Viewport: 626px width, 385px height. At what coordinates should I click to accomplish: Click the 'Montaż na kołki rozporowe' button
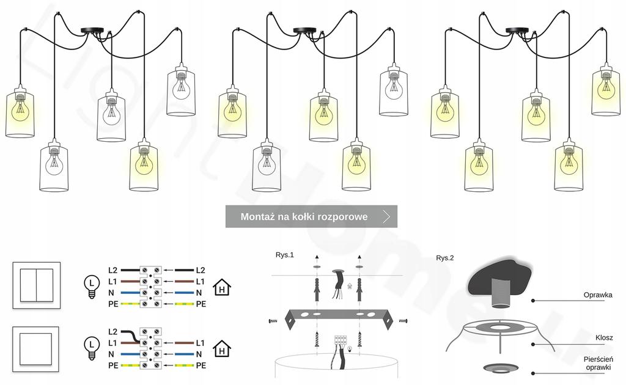(x=304, y=216)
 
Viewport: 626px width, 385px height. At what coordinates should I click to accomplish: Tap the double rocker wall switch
(x=37, y=285)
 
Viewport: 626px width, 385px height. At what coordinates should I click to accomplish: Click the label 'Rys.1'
(x=284, y=255)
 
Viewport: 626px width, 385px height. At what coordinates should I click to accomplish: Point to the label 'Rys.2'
(x=445, y=258)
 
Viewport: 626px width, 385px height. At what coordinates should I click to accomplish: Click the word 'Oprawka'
(x=597, y=295)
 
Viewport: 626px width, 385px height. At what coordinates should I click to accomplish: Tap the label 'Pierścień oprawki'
(x=597, y=362)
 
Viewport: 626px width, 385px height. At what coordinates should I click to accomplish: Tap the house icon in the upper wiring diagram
(x=221, y=287)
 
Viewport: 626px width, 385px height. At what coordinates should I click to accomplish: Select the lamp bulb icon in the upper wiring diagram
(x=91, y=286)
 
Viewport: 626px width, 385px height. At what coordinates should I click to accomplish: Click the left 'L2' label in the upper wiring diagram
(x=113, y=269)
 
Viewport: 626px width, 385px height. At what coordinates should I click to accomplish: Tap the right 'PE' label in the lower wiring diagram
(x=201, y=365)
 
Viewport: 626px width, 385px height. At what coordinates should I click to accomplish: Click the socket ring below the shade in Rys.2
(x=499, y=368)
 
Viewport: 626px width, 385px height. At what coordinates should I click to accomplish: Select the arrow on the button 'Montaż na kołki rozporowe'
(x=386, y=216)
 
